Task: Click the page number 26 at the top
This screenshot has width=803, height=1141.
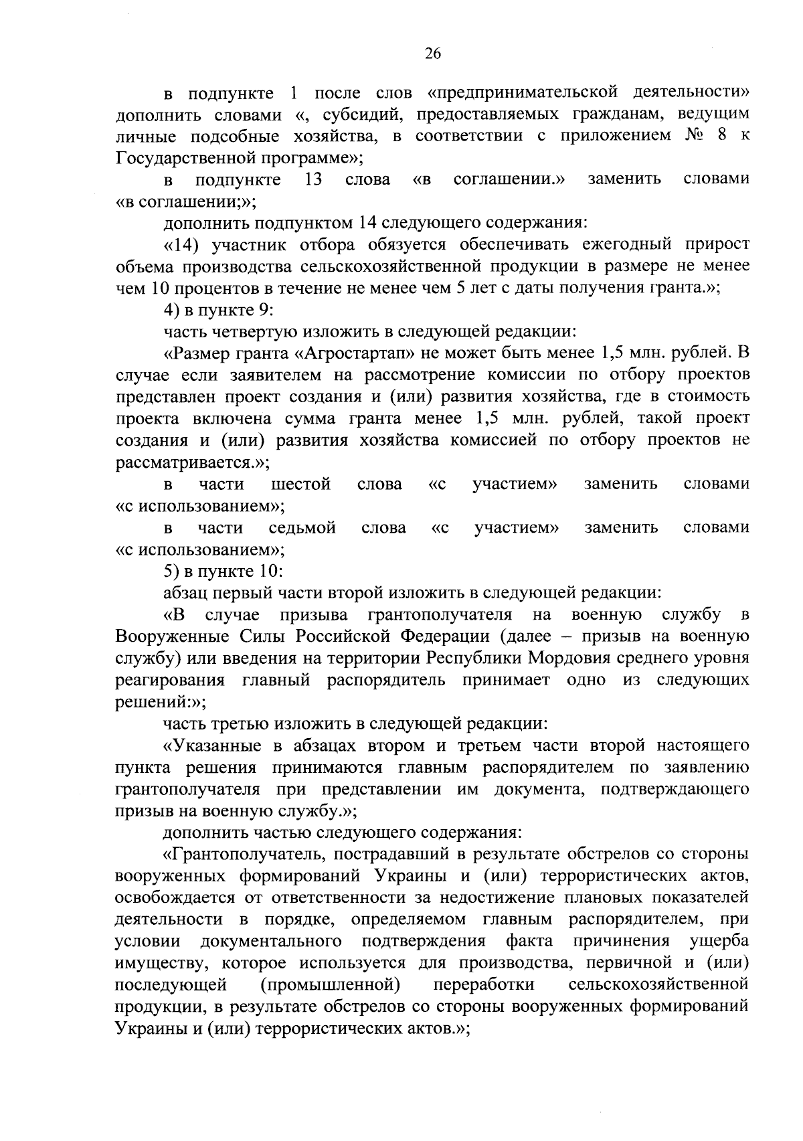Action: click(x=432, y=55)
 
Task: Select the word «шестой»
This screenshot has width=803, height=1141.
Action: click(x=301, y=484)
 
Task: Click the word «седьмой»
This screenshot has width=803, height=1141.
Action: click(x=302, y=528)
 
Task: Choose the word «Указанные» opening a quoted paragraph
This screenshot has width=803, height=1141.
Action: click(x=215, y=745)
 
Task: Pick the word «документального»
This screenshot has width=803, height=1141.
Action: click(x=271, y=941)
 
